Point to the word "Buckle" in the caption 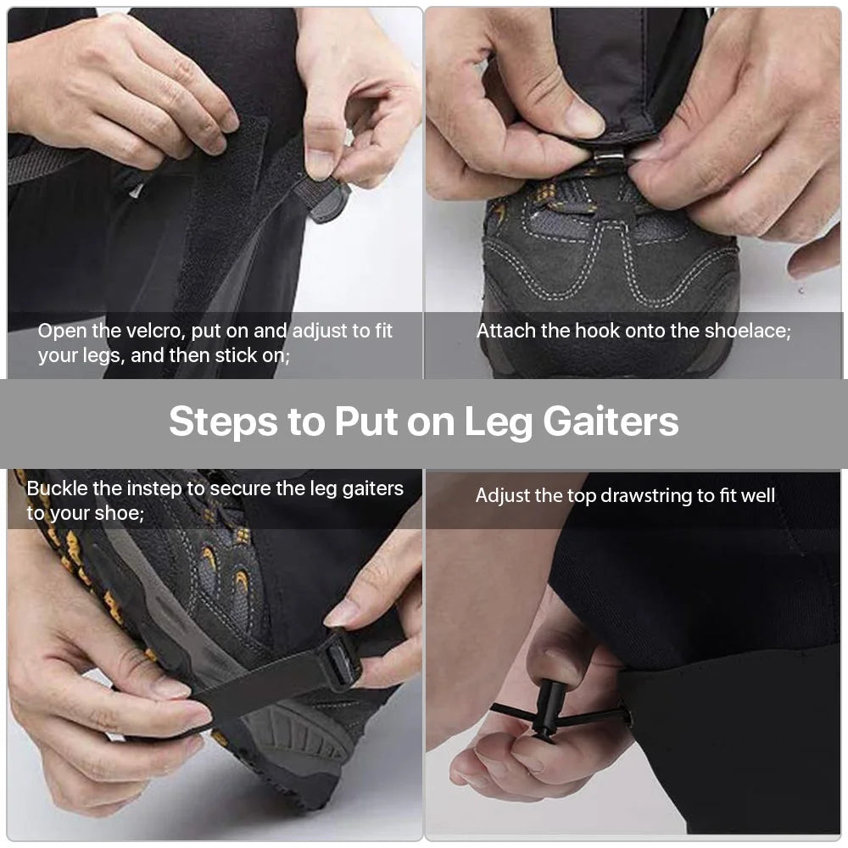57,488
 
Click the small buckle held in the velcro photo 329,201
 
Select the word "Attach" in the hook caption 505,331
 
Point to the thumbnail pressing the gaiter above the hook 583,119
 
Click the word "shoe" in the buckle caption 116,513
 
